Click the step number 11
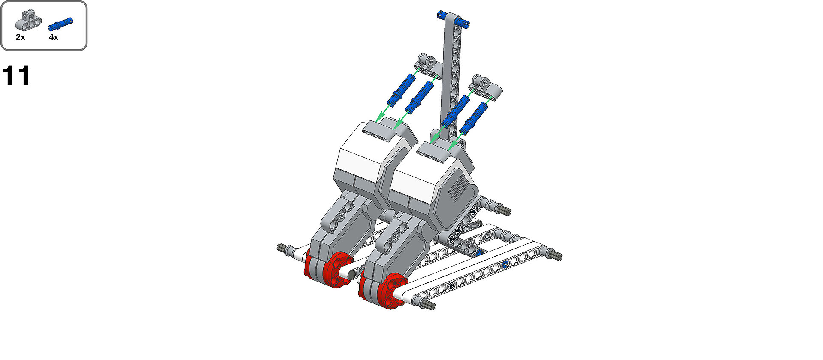click(x=16, y=76)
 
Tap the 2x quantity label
click(x=20, y=37)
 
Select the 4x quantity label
click(x=53, y=37)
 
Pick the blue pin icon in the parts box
click(x=60, y=24)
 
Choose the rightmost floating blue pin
click(x=474, y=117)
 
